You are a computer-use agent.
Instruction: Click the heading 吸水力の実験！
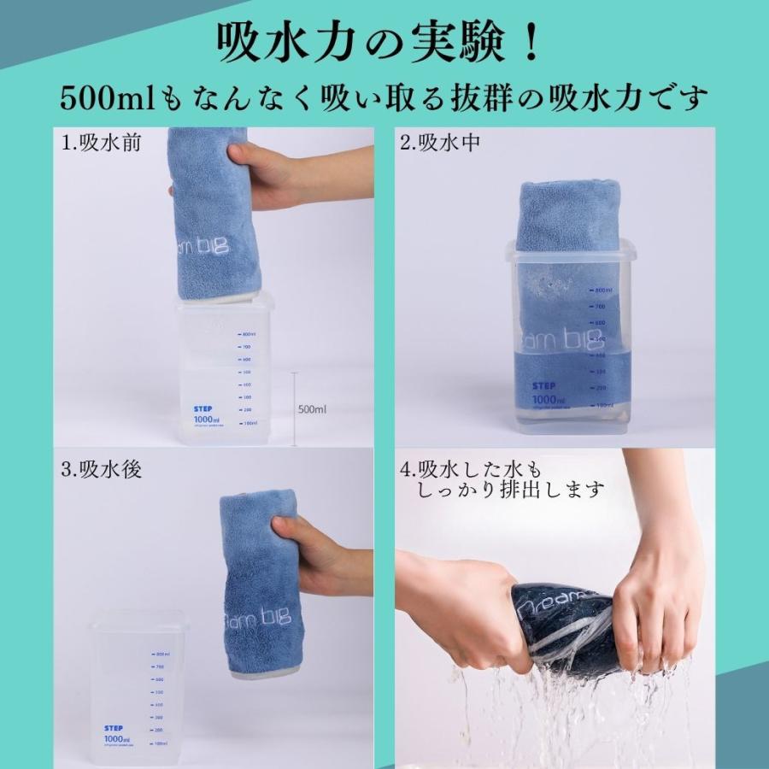click(x=384, y=42)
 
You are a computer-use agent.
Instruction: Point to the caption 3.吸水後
click(x=101, y=469)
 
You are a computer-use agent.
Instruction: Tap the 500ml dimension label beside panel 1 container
click(x=312, y=409)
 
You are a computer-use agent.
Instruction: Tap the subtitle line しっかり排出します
click(x=511, y=491)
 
